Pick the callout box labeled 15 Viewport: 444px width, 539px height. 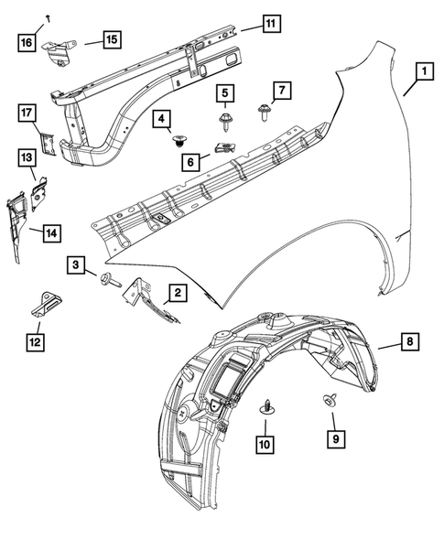point(110,39)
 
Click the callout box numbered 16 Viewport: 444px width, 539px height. point(27,42)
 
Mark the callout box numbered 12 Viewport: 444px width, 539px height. point(34,342)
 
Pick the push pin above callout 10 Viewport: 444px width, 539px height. point(265,405)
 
